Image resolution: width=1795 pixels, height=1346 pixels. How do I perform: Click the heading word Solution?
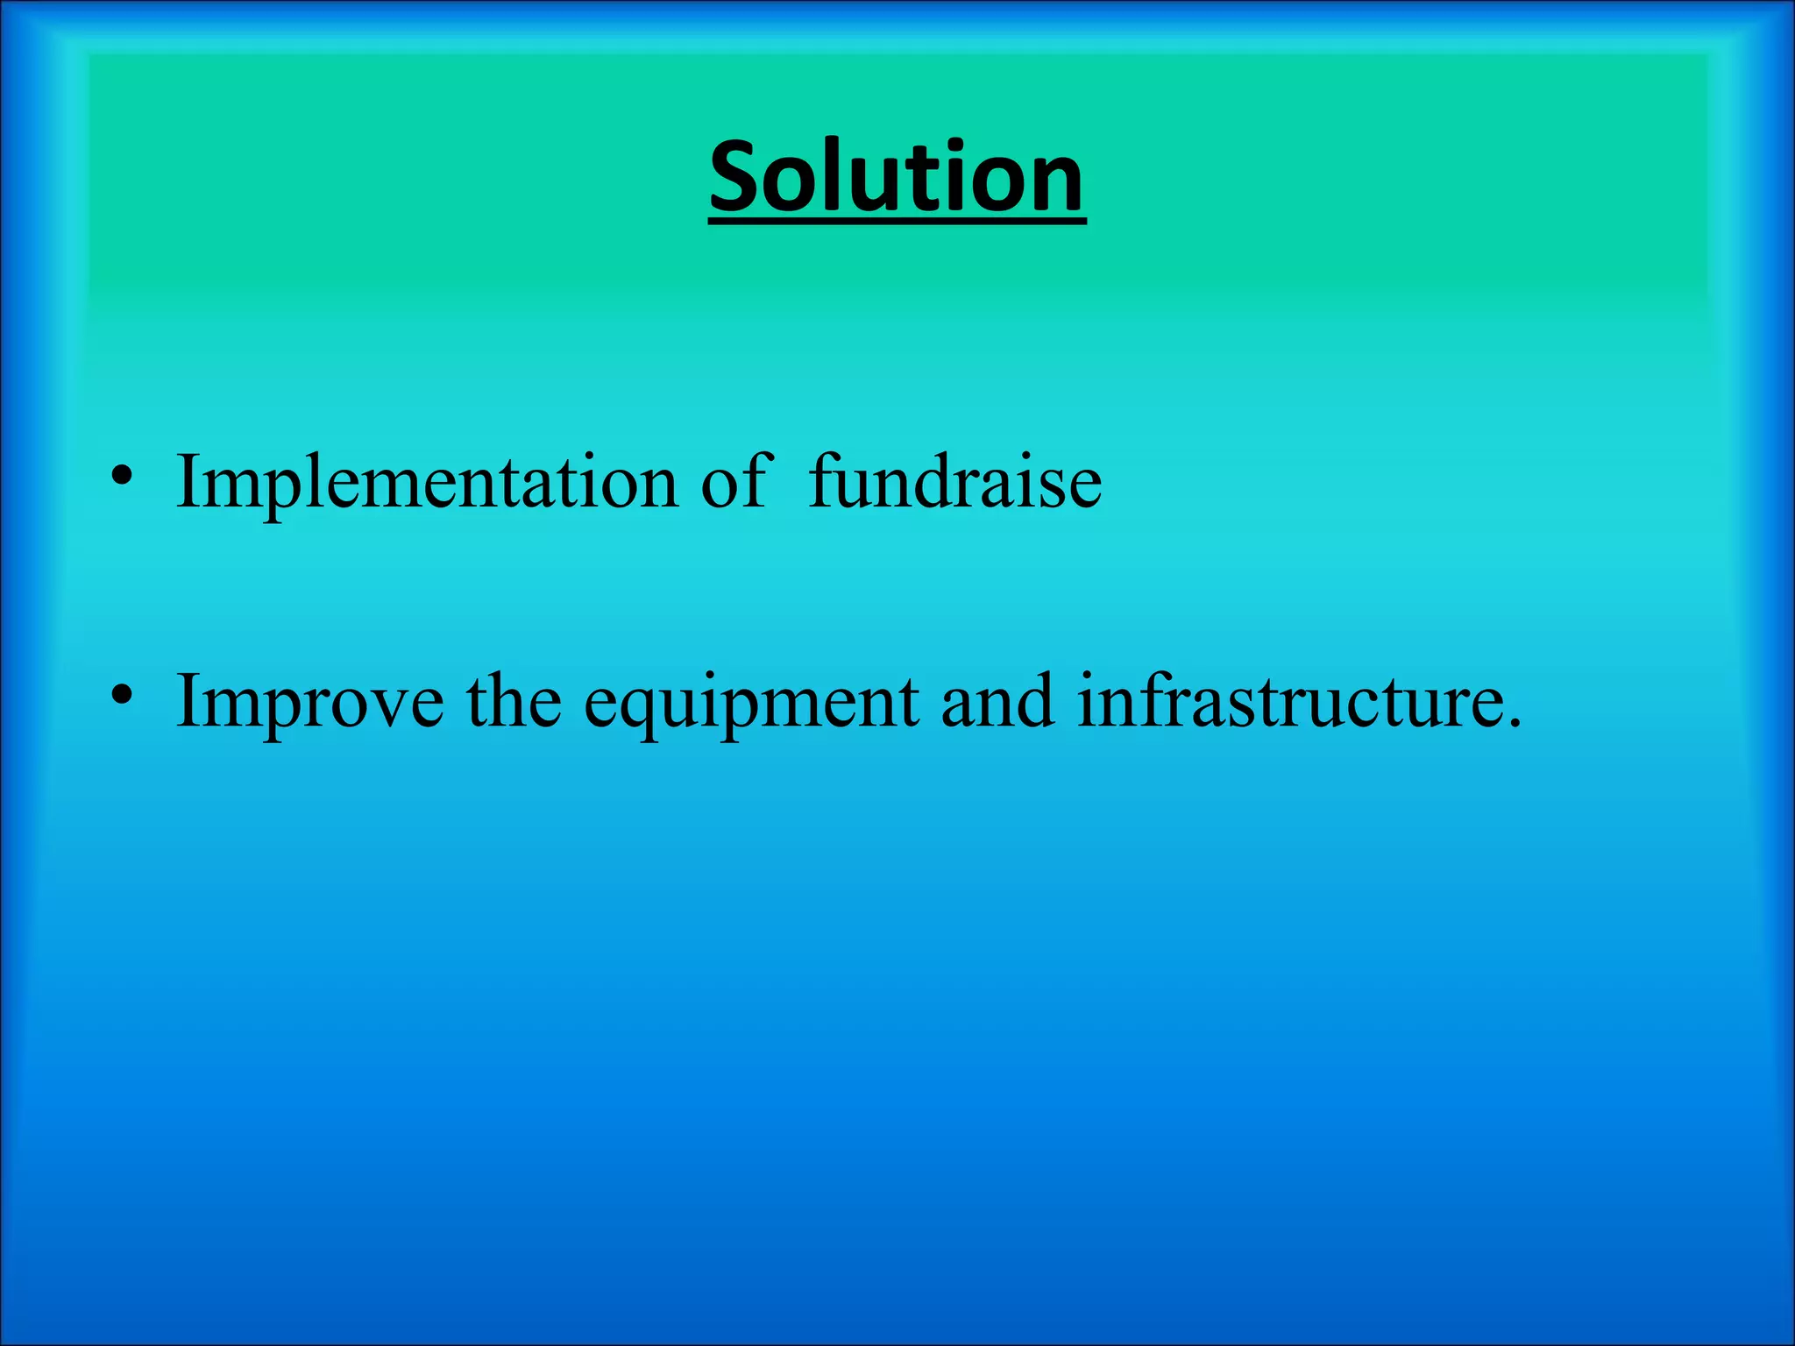click(x=897, y=177)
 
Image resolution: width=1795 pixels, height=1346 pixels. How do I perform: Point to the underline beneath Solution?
click(x=897, y=223)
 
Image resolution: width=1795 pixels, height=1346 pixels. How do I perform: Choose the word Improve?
click(x=309, y=703)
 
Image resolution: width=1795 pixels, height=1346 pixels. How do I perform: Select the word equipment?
click(x=751, y=703)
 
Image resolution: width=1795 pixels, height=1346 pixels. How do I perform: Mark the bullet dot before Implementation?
click(x=122, y=477)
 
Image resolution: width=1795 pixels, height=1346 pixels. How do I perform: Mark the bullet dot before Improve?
click(x=122, y=696)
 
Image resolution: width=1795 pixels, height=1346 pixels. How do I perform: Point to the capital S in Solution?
click(x=737, y=177)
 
